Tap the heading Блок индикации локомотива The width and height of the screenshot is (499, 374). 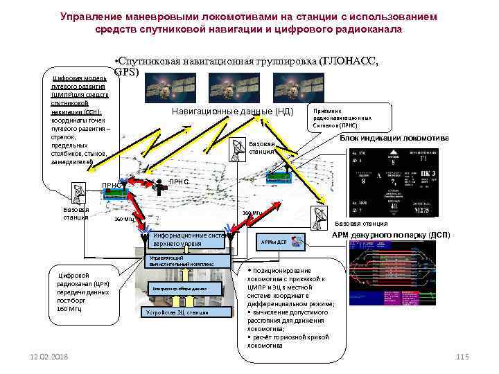394,138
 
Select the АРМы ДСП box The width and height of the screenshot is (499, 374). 272,242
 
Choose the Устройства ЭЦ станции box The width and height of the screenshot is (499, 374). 176,312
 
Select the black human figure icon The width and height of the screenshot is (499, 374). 158,184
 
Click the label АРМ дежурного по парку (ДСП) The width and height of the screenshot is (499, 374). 391,235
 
